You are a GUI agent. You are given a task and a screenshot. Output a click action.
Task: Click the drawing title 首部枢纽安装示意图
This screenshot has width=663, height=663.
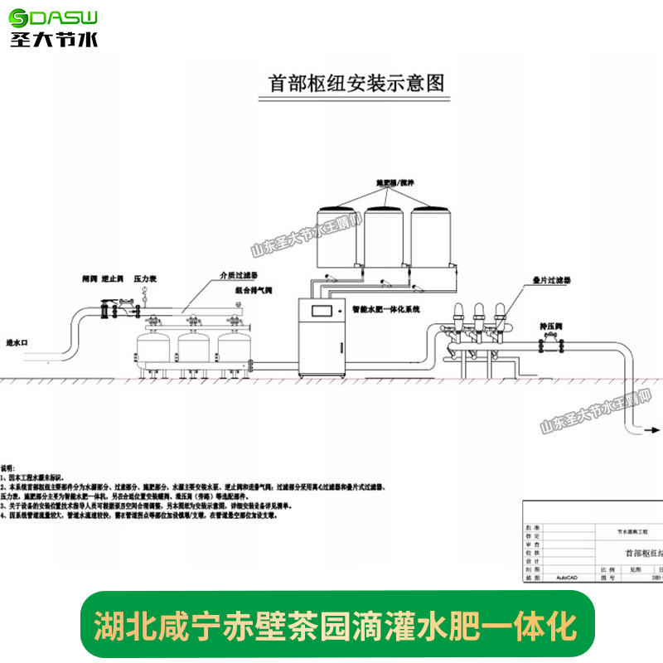click(x=357, y=84)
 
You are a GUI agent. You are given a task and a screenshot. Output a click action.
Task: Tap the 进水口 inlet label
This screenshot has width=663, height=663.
click(x=17, y=341)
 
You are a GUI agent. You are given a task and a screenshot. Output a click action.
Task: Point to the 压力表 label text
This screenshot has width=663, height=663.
click(x=146, y=280)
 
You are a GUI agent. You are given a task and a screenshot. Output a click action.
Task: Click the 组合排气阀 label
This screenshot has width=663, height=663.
click(x=254, y=292)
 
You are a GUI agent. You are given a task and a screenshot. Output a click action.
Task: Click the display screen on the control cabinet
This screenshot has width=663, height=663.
click(x=322, y=312)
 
